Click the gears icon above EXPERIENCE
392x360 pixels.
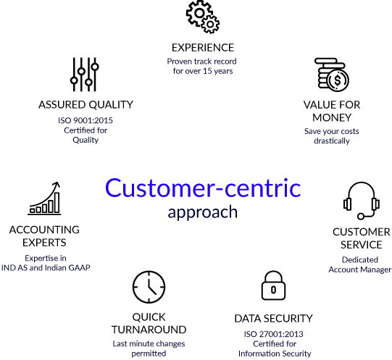coord(202,17)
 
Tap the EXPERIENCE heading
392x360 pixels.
coord(203,48)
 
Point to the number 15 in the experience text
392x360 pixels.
coord(207,71)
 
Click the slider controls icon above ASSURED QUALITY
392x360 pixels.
coord(85,75)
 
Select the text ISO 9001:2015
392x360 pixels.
coord(86,120)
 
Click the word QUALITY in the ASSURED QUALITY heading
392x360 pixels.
coord(111,105)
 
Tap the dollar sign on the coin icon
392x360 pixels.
coord(338,80)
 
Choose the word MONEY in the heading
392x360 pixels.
coord(332,118)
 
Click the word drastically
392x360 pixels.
coord(332,141)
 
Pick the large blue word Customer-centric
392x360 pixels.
coord(203,188)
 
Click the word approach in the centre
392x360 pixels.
coord(202,212)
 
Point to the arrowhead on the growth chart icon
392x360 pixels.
coord(57,185)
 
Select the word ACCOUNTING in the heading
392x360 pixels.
coord(44,230)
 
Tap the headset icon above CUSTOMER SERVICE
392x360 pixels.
coord(362,201)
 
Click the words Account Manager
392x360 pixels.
coord(359,269)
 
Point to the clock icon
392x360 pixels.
coord(149,287)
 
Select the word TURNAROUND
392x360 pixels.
coord(149,330)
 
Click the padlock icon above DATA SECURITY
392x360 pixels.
coord(273,285)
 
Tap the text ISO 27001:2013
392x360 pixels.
coord(273,334)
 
